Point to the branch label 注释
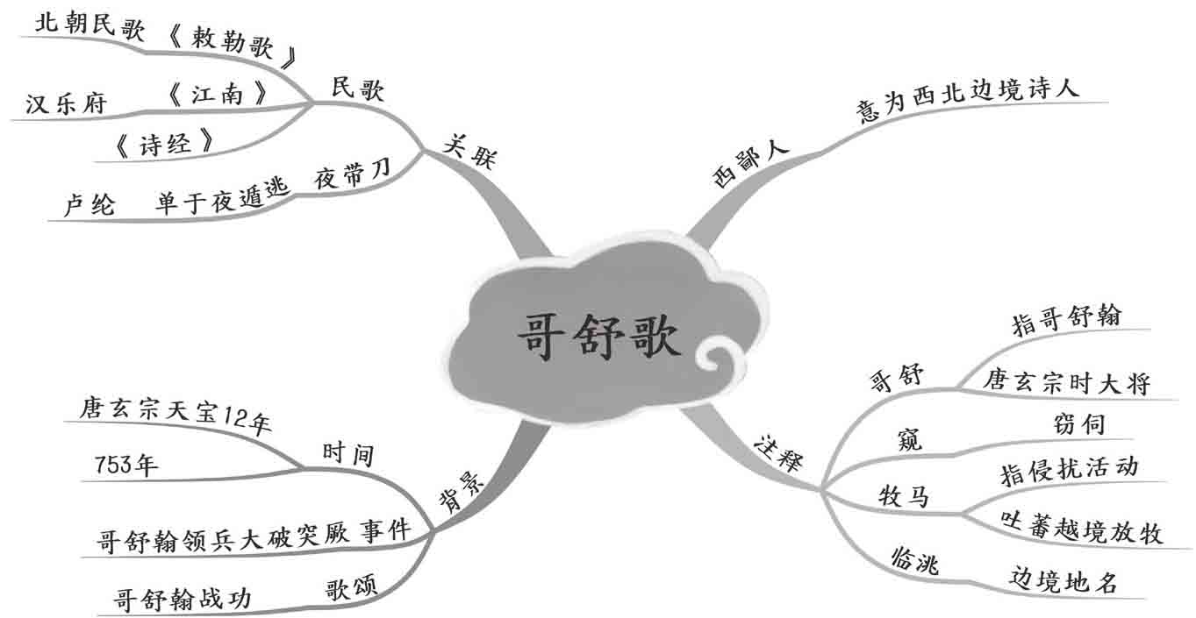[x=777, y=451]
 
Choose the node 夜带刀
[x=352, y=175]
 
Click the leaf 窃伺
[x=1078, y=424]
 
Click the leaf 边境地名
[x=1063, y=581]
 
